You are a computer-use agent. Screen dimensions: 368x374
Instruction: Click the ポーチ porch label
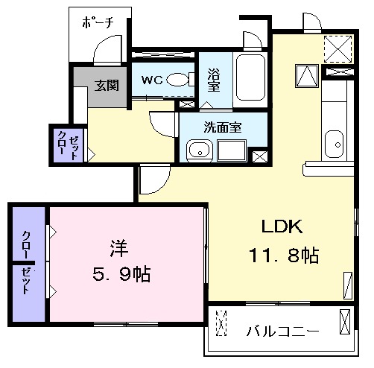pos(98,23)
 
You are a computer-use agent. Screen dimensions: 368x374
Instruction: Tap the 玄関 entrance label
pos(107,86)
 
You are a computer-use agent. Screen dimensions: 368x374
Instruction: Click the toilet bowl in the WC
pos(177,80)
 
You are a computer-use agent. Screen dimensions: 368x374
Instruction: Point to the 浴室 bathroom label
pos(213,80)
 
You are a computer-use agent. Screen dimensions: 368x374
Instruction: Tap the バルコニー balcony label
pos(283,331)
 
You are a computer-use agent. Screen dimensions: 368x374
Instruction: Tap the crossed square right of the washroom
pos(260,156)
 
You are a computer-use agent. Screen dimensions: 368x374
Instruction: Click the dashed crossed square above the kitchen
pos(338,48)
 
